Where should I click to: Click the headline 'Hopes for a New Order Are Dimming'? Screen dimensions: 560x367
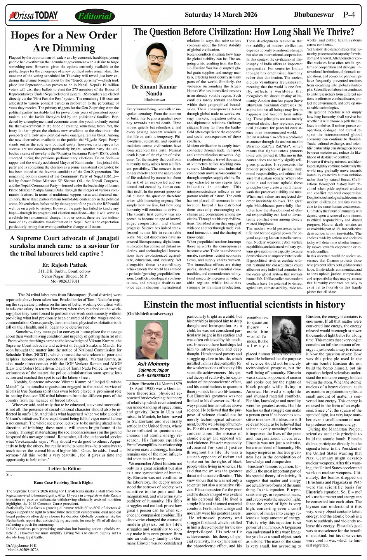[x=64, y=42]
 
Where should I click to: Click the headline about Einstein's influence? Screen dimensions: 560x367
[x=244, y=304]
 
